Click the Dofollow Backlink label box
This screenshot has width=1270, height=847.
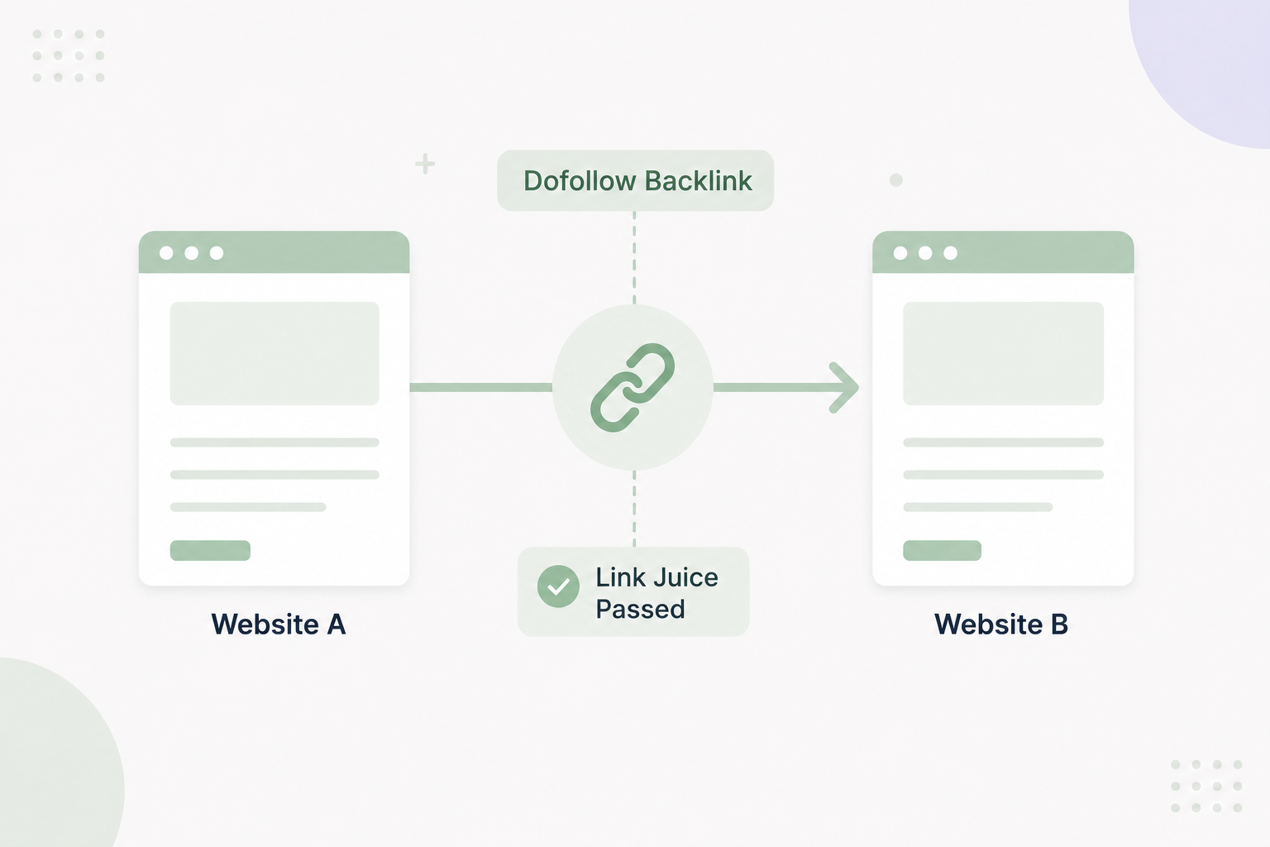[x=635, y=180]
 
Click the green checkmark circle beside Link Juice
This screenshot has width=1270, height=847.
[x=558, y=586]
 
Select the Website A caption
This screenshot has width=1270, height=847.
[x=279, y=624]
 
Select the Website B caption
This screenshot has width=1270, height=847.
[x=1001, y=624]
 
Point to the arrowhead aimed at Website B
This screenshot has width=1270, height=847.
[x=846, y=387]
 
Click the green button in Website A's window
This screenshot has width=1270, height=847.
[x=210, y=550]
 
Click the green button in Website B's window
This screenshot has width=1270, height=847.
[x=943, y=550]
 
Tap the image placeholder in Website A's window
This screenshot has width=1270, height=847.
[x=275, y=353]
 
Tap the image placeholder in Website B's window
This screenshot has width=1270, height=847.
[x=1004, y=353]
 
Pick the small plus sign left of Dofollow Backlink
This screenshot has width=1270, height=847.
[x=425, y=164]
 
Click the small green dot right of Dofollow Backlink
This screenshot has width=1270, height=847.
[x=895, y=179]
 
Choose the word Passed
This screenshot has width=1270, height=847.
[x=641, y=610]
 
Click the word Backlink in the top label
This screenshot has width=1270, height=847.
[x=699, y=180]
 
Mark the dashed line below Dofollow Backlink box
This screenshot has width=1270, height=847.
[x=634, y=258]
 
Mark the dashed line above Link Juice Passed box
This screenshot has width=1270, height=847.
[x=634, y=509]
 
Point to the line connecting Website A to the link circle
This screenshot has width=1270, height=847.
[x=480, y=387]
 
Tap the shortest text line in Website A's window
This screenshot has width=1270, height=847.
[x=248, y=507]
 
